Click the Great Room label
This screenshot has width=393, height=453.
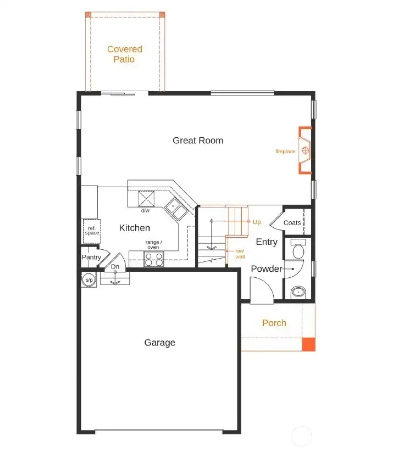pyautogui.click(x=198, y=141)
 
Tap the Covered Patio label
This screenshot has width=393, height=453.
pyautogui.click(x=124, y=54)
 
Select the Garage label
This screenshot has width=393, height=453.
pyautogui.click(x=159, y=343)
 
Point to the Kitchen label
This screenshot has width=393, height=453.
pyautogui.click(x=134, y=228)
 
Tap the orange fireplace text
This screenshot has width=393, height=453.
pyautogui.click(x=285, y=152)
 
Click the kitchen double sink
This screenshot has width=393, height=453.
pyautogui.click(x=175, y=209)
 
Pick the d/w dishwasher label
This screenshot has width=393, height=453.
pyautogui.click(x=146, y=210)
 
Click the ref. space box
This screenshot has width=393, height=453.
pyautogui.click(x=92, y=231)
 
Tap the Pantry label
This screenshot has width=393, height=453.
pyautogui.click(x=91, y=257)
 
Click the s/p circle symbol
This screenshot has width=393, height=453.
pyautogui.click(x=88, y=279)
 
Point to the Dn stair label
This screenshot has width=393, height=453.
pyautogui.click(x=115, y=267)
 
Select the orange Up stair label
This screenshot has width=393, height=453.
pyautogui.click(x=257, y=222)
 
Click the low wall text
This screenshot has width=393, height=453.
pyautogui.click(x=240, y=253)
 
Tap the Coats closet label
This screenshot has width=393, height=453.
pyautogui.click(x=292, y=223)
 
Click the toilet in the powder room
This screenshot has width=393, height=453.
pyautogui.click(x=298, y=250)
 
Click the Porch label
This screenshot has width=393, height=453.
pyautogui.click(x=274, y=323)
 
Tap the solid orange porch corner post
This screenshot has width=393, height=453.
pyautogui.click(x=309, y=344)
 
